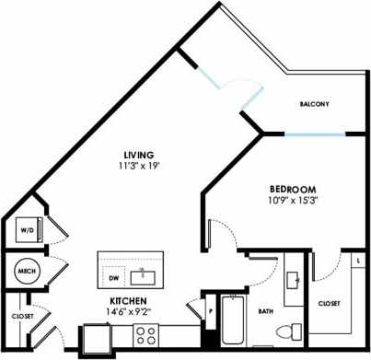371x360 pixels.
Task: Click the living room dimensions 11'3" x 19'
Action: (x=139, y=167)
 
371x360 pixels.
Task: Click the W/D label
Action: (x=27, y=231)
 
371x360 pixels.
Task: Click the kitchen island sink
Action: (x=144, y=274)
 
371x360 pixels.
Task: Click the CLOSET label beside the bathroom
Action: (x=330, y=304)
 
